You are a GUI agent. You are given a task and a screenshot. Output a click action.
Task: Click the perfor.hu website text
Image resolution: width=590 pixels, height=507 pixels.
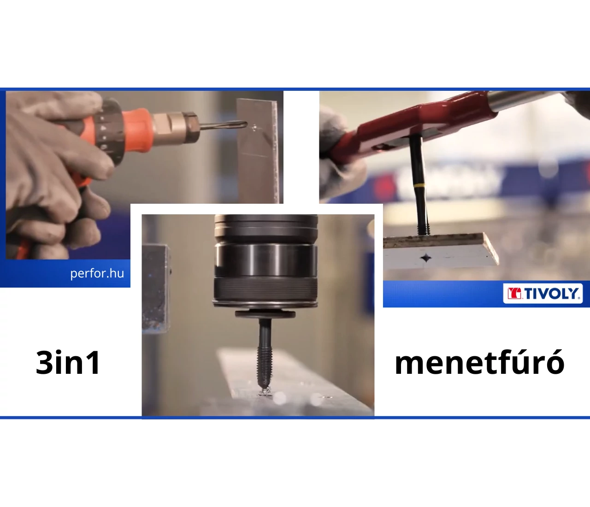point(97,273)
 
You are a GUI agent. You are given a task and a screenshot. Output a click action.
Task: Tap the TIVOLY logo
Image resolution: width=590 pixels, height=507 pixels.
point(543,293)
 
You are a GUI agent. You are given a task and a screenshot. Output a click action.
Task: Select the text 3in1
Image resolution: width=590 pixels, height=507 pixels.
point(68,363)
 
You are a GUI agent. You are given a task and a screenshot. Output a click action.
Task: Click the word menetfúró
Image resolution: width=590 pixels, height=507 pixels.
point(479,361)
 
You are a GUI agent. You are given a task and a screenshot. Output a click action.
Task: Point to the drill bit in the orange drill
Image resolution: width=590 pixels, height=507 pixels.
point(223,125)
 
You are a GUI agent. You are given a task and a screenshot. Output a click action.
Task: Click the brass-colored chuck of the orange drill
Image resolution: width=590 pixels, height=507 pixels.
point(175,127)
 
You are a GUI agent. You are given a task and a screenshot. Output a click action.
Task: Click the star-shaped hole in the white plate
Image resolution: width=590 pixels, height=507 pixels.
point(426,258)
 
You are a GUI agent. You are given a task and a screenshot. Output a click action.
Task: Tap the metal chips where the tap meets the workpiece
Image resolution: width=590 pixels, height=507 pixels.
point(265,393)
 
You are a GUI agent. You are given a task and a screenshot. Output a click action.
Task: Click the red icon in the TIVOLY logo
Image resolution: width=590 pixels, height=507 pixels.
point(514,294)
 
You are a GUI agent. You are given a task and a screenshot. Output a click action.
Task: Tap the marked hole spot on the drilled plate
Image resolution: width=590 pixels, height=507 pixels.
point(254,127)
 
